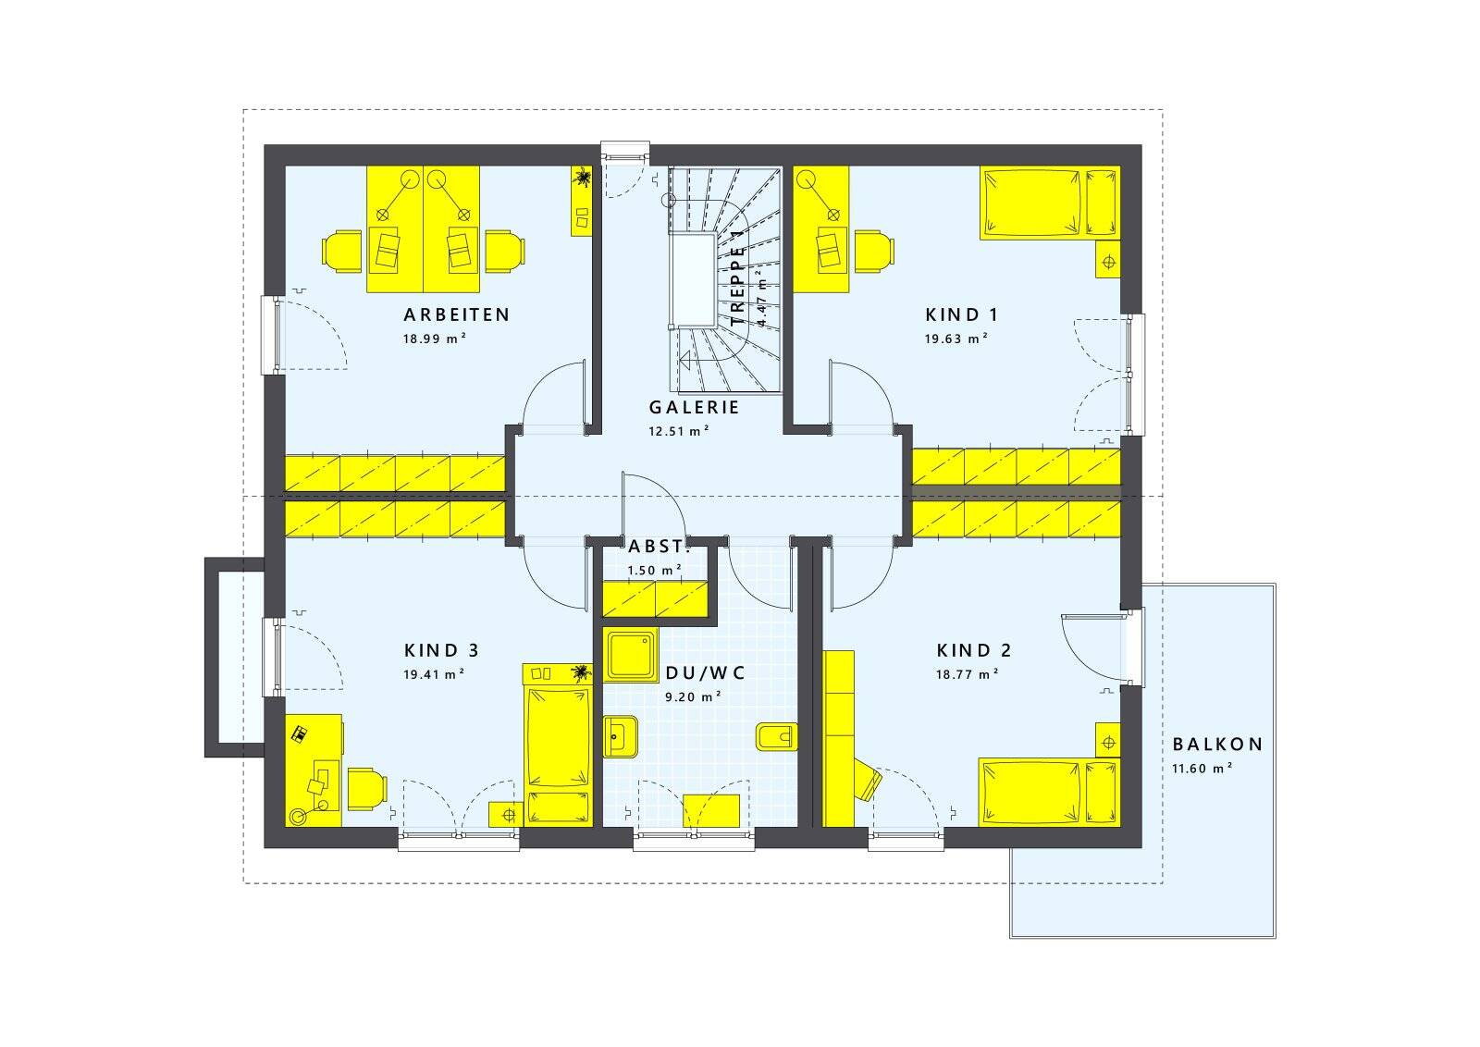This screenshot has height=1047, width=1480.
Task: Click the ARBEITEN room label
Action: click(457, 314)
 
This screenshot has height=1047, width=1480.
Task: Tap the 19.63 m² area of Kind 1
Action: click(956, 339)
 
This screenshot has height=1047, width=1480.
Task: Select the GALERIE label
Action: click(694, 407)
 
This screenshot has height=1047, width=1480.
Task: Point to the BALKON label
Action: click(1217, 745)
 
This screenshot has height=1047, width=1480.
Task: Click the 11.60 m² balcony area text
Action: click(1202, 769)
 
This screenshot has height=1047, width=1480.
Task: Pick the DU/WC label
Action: click(705, 673)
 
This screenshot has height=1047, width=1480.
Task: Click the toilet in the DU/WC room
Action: click(776, 736)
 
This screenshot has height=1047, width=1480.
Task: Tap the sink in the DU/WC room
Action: click(621, 736)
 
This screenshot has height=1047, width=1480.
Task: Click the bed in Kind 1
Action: click(1050, 203)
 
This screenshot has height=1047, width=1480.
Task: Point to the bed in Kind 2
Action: click(1049, 792)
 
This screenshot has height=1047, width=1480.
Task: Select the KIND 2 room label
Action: click(974, 650)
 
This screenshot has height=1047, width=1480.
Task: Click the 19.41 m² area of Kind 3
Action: click(434, 674)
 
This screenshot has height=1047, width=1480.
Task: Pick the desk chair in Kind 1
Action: click(875, 251)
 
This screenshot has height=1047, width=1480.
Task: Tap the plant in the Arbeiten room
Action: click(582, 177)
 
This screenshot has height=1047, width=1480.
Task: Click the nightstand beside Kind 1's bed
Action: click(1109, 263)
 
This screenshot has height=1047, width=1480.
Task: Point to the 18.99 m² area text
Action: click(435, 339)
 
